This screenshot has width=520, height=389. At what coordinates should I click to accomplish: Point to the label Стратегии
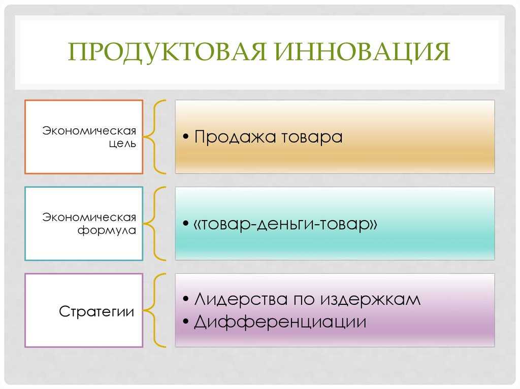tap(96, 311)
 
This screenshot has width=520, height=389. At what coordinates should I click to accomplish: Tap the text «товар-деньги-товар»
tap(285, 224)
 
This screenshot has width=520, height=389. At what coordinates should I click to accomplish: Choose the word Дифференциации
tap(280, 322)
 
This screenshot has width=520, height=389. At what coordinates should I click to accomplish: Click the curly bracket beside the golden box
tap(154, 136)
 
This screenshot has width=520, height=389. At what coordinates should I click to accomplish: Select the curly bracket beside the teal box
tap(154, 224)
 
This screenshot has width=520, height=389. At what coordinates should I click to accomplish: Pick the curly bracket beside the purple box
tap(154, 310)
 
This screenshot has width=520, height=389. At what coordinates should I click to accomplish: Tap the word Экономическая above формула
tap(89, 218)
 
